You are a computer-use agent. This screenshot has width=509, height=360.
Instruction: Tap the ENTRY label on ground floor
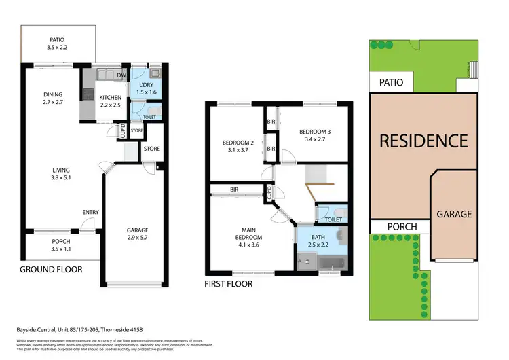91,213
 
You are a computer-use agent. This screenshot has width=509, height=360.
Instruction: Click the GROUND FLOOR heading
51,270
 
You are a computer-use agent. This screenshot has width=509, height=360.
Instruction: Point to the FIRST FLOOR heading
229,285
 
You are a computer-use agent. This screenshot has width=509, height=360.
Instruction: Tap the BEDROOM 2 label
238,147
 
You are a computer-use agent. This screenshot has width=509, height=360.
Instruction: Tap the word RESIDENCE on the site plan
423,141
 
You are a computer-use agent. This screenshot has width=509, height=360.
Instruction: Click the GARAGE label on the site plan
454,213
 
